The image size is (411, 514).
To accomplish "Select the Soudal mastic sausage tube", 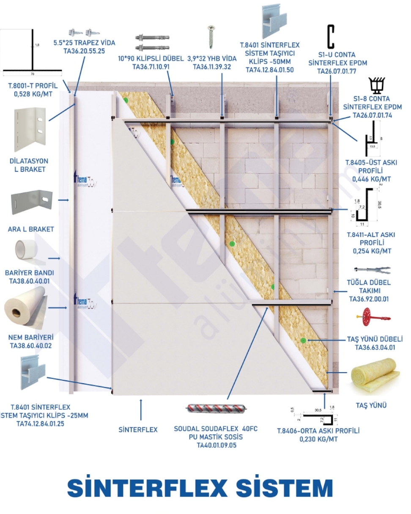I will pos(215,409).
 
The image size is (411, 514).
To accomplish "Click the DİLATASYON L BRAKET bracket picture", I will pos(29,129).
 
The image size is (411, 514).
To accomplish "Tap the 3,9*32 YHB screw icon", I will pos(210,36).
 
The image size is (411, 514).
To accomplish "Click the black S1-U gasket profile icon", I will pos(331,36).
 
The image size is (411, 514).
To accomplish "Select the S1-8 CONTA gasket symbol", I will pos(376,86).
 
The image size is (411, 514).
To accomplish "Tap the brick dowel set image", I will pos(371,269).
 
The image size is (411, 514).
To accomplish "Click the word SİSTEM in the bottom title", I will pos(284,489).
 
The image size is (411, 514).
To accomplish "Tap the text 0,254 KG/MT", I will pos(372,251).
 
